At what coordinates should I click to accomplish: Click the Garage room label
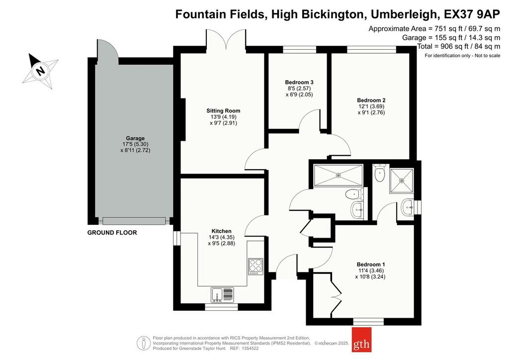[x=135, y=138]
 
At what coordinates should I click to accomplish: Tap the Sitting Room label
[x=223, y=111]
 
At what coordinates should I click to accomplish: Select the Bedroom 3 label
[x=299, y=83]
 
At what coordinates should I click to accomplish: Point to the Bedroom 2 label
[x=371, y=100]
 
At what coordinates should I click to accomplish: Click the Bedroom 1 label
[x=371, y=265]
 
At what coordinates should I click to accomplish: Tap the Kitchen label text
[x=222, y=231]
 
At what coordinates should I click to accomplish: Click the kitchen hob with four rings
[x=256, y=267]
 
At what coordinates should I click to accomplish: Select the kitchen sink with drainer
[x=222, y=295]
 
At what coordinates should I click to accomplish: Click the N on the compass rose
[x=40, y=71]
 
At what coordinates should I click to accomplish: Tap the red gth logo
[x=361, y=340]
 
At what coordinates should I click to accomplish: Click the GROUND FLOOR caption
[x=112, y=233]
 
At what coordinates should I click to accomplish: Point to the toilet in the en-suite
[x=379, y=173]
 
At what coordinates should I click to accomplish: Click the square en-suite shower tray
[x=402, y=180]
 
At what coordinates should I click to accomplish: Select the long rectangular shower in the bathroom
[x=338, y=176]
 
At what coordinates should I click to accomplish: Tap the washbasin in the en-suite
[x=408, y=207]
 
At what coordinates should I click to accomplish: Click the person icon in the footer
[x=144, y=343]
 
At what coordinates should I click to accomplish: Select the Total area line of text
[x=459, y=46]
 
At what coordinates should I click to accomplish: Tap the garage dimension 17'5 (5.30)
[x=135, y=145]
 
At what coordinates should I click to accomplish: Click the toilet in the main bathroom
[x=354, y=194]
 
